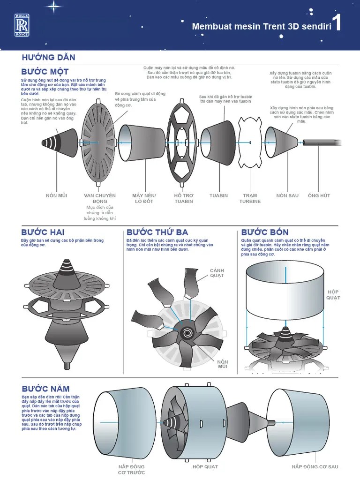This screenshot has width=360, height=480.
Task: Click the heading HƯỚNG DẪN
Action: pyautogui.click(x=48, y=57)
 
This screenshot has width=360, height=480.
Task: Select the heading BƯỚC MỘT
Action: pyautogui.click(x=45, y=72)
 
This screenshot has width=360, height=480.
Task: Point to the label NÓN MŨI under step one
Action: pyautogui.click(x=56, y=195)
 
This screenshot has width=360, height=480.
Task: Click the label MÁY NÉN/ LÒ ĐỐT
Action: pyautogui.click(x=144, y=198)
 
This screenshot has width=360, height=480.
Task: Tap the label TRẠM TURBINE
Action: pyautogui.click(x=250, y=198)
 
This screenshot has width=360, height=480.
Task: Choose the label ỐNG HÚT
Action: pyautogui.click(x=319, y=195)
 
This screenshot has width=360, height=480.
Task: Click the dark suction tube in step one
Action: pyautogui.click(x=319, y=142)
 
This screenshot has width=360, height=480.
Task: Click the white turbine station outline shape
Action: pyautogui.click(x=250, y=142)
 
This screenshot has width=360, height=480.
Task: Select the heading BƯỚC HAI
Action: pyautogui.click(x=43, y=232)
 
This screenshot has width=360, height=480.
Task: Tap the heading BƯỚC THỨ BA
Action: pyautogui.click(x=157, y=232)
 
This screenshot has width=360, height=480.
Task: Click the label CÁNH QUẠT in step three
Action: pyautogui.click(x=217, y=273)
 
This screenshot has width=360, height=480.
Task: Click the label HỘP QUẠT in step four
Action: pyautogui.click(x=333, y=294)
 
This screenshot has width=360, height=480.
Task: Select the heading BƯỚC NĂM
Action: pyautogui.click(x=45, y=389)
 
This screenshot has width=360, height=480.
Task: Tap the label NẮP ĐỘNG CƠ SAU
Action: pyautogui.click(x=315, y=466)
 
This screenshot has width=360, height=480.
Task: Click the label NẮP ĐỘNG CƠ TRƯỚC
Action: pyautogui.click(x=131, y=469)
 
